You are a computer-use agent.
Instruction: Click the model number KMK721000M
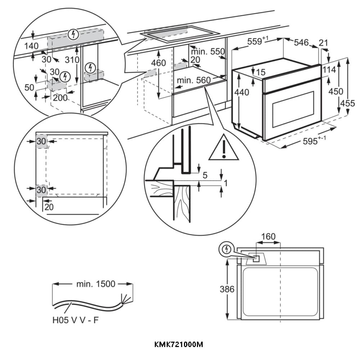pos(179,345)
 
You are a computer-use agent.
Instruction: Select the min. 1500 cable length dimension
pos(95,284)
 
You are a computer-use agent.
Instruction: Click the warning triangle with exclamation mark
pos(224,148)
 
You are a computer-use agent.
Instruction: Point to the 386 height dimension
pos(227,289)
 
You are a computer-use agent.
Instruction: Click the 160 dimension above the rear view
pos(268,237)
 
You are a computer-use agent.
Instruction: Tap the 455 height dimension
pos(347,103)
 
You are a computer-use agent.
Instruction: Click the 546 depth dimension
pos(301,43)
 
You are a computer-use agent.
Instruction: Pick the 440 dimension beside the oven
pos(242,93)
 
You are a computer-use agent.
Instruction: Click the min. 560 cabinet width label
pos(193,80)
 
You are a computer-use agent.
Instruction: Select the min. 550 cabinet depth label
pos(208,51)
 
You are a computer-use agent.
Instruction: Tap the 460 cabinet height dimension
pos(158,63)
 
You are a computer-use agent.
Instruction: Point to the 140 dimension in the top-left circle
pos(31,46)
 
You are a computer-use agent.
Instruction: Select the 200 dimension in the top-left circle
pos(60,97)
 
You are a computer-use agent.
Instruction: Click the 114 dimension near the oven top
pos(328,70)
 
